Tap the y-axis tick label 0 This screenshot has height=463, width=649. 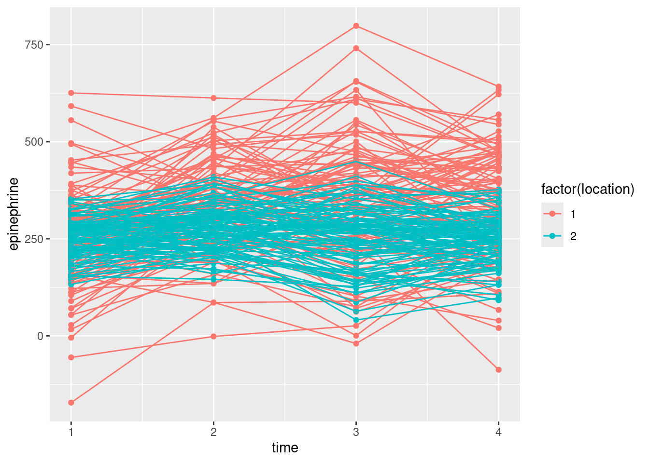(41, 336)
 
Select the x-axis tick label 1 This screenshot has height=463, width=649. (71, 432)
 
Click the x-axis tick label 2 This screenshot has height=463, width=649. (213, 432)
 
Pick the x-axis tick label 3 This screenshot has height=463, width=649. (356, 432)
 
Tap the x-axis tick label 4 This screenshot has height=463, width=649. (498, 432)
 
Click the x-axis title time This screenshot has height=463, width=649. (285, 448)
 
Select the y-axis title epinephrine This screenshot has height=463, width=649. (14, 214)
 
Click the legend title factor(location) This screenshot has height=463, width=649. (587, 189)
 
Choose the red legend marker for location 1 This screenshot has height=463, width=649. (552, 214)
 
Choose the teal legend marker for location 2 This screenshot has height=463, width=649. (552, 236)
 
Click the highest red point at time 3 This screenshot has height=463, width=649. (356, 26)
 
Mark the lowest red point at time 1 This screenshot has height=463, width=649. (71, 402)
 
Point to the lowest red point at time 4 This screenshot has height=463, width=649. (498, 370)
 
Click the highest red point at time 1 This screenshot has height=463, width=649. (71, 93)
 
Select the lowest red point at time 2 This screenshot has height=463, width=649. (213, 336)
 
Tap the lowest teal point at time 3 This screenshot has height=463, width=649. (356, 320)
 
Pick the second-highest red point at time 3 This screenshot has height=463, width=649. (356, 48)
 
